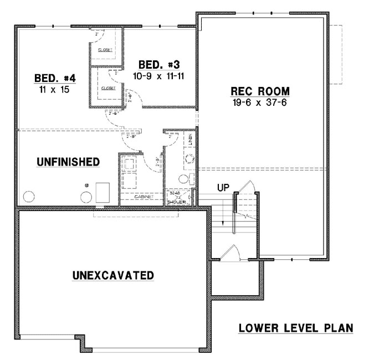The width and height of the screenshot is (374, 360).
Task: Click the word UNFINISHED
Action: [68, 162]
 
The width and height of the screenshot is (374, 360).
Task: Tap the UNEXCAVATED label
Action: [113, 275]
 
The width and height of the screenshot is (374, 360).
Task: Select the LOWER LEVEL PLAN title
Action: [295, 328]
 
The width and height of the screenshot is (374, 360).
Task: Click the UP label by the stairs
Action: [223, 188]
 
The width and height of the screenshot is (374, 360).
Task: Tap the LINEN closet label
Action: [191, 141]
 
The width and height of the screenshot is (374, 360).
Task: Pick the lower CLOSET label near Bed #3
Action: [109, 88]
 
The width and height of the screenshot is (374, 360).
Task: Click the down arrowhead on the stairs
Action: [223, 223]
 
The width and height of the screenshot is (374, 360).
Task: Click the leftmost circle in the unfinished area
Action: [28, 196]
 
